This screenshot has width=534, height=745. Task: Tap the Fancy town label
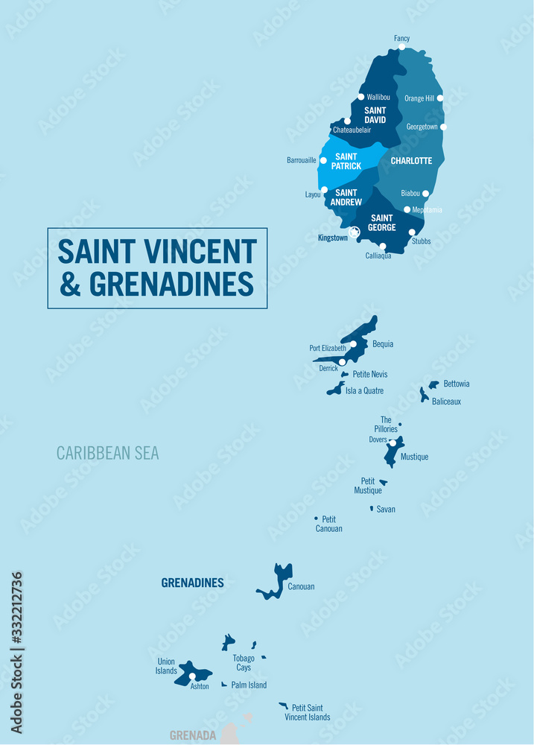(401, 38)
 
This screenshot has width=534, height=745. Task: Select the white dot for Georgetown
(443, 127)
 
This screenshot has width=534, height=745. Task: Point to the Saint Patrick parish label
(346, 161)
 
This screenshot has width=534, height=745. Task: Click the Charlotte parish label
(411, 160)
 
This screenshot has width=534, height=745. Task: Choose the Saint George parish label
(381, 223)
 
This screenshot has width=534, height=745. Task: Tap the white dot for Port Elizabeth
(353, 344)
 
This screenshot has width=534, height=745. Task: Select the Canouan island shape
(279, 581)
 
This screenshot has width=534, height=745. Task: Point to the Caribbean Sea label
(107, 453)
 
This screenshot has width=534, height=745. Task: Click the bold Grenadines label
(192, 583)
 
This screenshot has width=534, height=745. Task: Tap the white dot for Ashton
(192, 676)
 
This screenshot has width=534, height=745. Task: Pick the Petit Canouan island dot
(316, 518)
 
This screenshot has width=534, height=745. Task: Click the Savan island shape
(372, 508)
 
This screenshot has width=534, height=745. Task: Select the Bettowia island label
(457, 384)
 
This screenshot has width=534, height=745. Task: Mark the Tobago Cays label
(244, 662)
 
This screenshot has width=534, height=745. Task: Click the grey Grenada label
(192, 735)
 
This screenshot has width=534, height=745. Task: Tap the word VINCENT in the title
(196, 252)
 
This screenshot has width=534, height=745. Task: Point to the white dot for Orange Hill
(440, 98)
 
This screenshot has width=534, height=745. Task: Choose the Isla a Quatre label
(364, 390)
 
